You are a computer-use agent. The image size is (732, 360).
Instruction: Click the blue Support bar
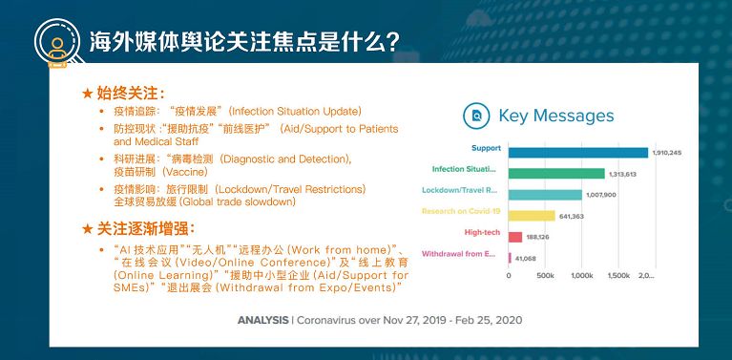577,151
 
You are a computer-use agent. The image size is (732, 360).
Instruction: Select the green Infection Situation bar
556,173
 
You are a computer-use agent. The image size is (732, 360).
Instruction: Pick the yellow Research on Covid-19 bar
532,215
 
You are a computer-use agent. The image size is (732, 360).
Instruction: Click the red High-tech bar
515,237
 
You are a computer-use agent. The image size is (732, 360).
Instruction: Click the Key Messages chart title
556,116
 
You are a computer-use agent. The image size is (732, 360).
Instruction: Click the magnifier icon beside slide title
57,40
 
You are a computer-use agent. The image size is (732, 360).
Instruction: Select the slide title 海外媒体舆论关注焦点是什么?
242,42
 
